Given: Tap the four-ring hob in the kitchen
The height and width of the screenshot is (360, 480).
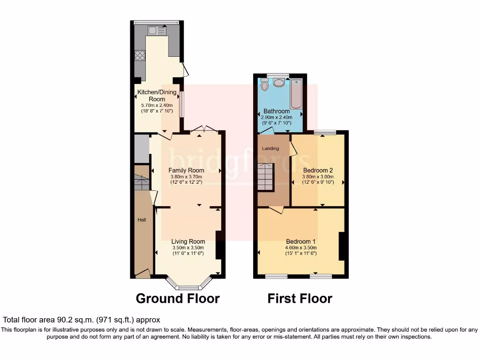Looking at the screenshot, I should point(140,55).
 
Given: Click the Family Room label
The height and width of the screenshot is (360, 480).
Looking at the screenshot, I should point(186,170).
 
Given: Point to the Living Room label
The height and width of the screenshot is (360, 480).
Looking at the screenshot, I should point(188,241).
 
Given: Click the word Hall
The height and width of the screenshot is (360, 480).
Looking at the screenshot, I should point(142,219).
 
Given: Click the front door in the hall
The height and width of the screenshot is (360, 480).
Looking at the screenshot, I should point(142,274).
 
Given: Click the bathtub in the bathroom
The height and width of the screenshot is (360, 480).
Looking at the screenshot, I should point(297,94).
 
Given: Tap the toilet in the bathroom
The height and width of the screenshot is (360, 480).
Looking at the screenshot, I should point(264,85).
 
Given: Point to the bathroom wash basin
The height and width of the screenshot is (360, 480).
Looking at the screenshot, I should point(279,83).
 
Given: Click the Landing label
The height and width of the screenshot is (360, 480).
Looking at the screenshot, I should point(270,149).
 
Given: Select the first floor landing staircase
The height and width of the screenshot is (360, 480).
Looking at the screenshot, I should point(266,177).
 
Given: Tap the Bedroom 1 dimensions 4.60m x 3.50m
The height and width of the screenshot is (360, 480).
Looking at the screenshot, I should point(301,248).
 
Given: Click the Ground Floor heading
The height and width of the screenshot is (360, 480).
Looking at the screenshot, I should point(178,298).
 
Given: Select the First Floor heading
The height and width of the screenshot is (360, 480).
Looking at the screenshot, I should point(300,298).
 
